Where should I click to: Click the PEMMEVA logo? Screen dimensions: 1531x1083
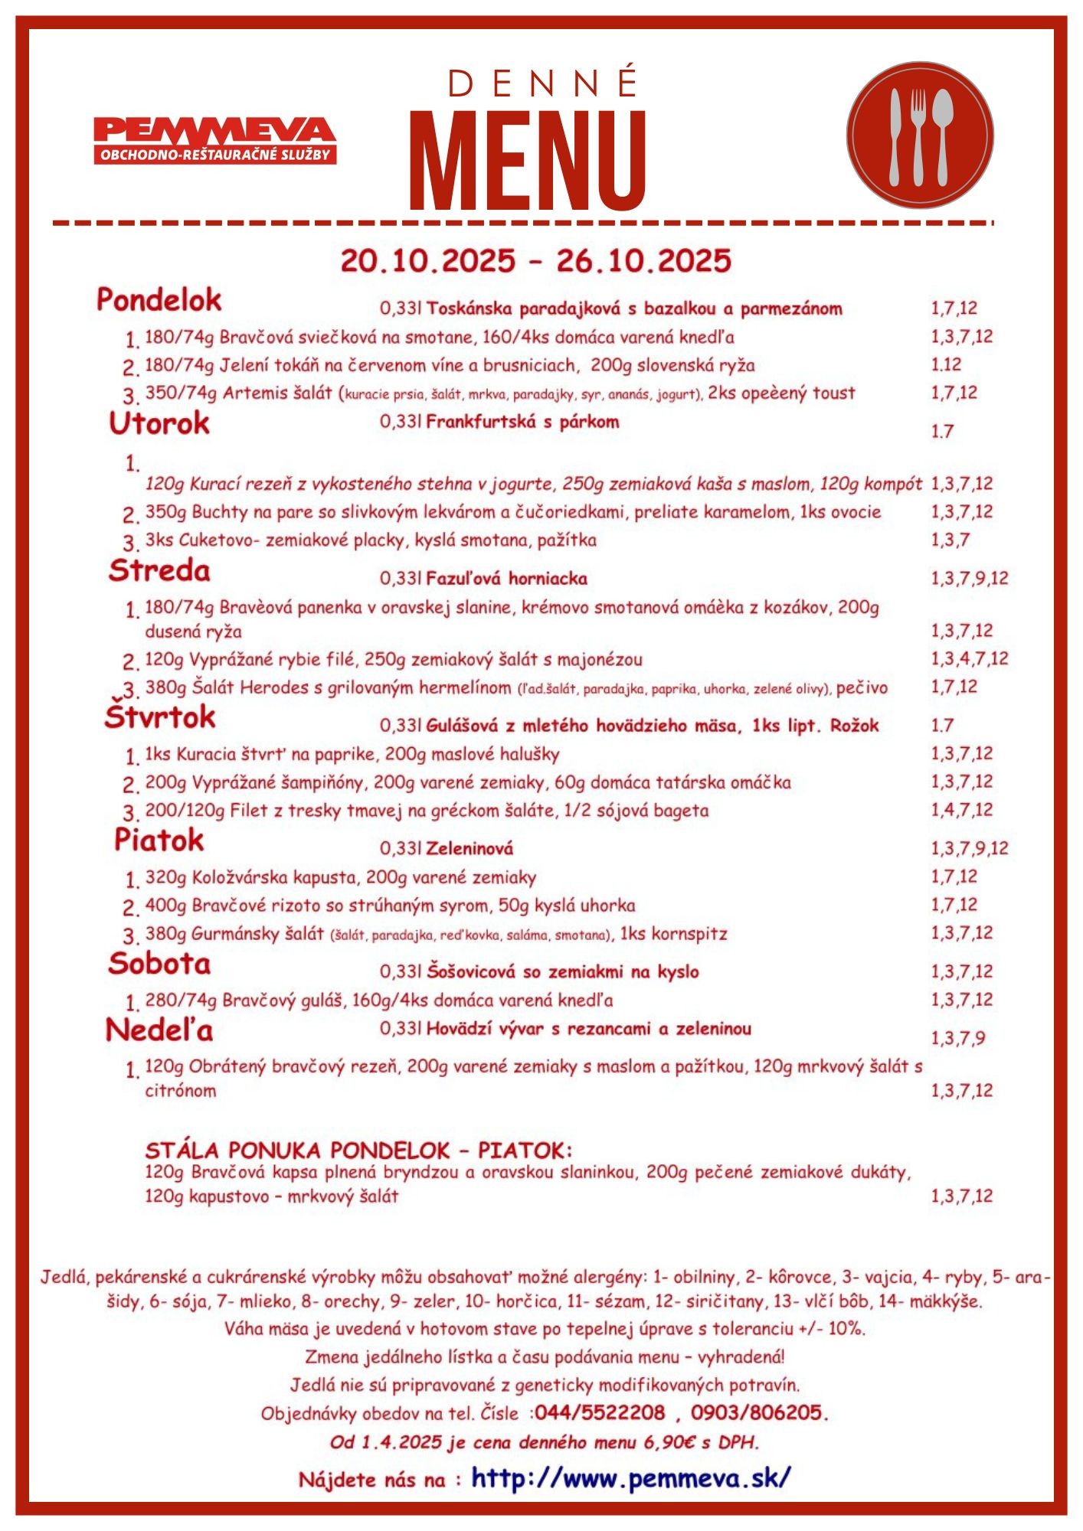(215, 139)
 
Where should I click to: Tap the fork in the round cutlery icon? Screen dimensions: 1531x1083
(918, 135)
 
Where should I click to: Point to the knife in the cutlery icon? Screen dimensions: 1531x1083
(895, 135)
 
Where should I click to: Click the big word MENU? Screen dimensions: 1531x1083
(528, 162)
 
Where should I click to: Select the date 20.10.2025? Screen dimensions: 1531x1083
(428, 261)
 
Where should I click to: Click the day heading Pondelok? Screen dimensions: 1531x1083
(159, 300)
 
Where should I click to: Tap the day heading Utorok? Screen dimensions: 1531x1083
(159, 423)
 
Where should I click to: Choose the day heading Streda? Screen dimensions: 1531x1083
(159, 571)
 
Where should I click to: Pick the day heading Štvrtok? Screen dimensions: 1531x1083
(160, 717)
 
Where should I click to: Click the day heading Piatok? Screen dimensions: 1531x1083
(159, 840)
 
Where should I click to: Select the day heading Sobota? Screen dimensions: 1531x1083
(159, 964)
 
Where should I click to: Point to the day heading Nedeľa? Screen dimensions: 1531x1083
(159, 1030)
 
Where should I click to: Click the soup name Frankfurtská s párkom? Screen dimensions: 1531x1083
(522, 422)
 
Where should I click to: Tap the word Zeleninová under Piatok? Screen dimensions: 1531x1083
(470, 848)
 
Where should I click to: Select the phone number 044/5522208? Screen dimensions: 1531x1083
(600, 1412)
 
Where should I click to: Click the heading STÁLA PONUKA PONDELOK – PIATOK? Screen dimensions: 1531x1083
(358, 1151)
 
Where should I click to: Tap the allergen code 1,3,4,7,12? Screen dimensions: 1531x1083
(970, 658)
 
